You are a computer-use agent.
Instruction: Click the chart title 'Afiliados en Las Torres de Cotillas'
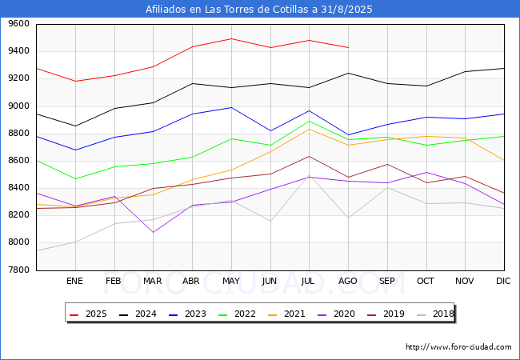click(x=259, y=10)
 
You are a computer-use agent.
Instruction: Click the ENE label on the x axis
click(x=74, y=282)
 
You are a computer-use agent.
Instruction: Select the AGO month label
click(x=348, y=282)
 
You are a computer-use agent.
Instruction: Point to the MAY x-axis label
click(x=231, y=282)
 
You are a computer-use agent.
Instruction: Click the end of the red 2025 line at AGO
click(x=348, y=48)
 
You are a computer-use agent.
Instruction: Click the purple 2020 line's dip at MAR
click(x=154, y=232)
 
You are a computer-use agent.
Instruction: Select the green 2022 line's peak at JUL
click(x=309, y=121)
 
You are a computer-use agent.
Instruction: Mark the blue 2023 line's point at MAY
click(x=231, y=107)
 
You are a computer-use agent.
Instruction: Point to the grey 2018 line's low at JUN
click(x=270, y=222)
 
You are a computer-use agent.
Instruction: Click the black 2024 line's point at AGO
click(x=348, y=74)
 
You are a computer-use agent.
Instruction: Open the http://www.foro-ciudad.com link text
click(x=458, y=347)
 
